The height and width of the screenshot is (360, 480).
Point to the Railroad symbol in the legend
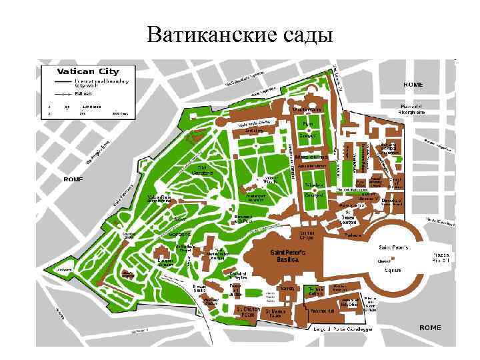63,94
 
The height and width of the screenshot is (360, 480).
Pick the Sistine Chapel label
307,235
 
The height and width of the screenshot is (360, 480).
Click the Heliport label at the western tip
63,270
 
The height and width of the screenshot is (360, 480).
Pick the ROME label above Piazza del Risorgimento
413,85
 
